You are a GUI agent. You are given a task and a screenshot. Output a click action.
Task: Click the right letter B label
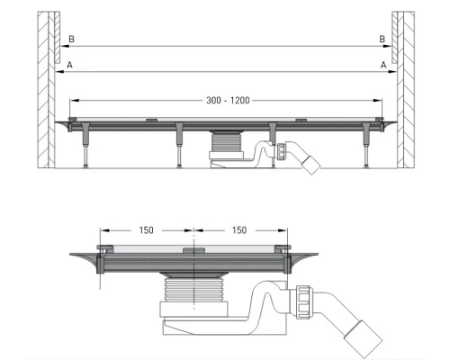(x=382, y=40)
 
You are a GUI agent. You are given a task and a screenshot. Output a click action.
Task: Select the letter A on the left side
(x=68, y=65)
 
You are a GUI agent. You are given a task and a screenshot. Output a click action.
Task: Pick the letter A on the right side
(x=382, y=65)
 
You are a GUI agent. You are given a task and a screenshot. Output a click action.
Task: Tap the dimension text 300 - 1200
(x=226, y=101)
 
